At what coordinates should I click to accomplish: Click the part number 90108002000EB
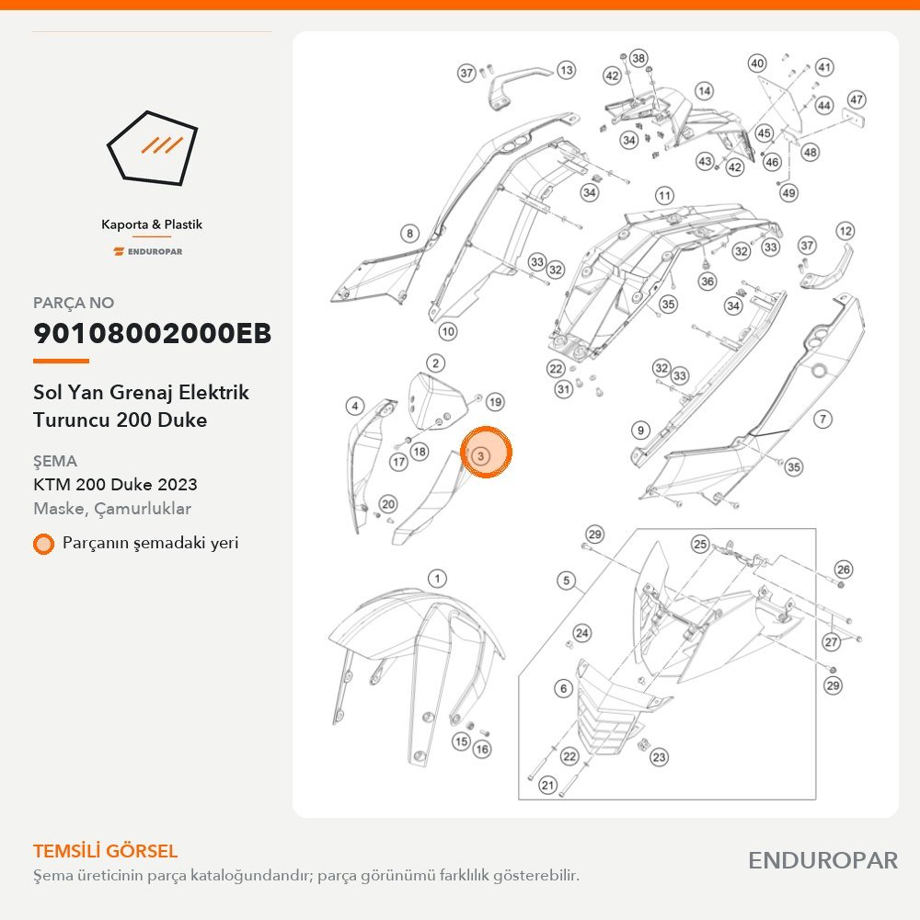[152, 333]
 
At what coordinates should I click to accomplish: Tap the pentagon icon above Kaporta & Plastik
[152, 148]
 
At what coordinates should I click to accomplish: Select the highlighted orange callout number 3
[486, 453]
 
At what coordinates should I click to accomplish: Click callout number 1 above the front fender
[437, 579]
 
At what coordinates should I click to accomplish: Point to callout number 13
[566, 71]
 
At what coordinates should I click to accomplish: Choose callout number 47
[857, 99]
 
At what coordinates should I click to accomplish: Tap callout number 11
[665, 195]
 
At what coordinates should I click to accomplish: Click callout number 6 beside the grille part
[564, 688]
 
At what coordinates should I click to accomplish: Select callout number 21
[548, 785]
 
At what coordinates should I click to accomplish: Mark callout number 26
[844, 569]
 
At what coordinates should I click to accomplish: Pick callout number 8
[410, 234]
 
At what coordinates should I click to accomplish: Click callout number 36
[707, 282]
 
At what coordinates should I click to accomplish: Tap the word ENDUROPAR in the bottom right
[822, 860]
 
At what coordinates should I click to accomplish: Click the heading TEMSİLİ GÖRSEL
[105, 851]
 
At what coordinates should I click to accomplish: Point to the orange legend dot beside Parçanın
[43, 544]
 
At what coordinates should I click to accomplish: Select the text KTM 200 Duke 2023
[115, 485]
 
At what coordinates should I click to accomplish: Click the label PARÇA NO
[74, 303]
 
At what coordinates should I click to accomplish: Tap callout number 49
[789, 192]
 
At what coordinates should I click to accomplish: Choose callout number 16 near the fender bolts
[482, 749]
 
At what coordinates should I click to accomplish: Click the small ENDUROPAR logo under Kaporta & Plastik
[148, 252]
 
